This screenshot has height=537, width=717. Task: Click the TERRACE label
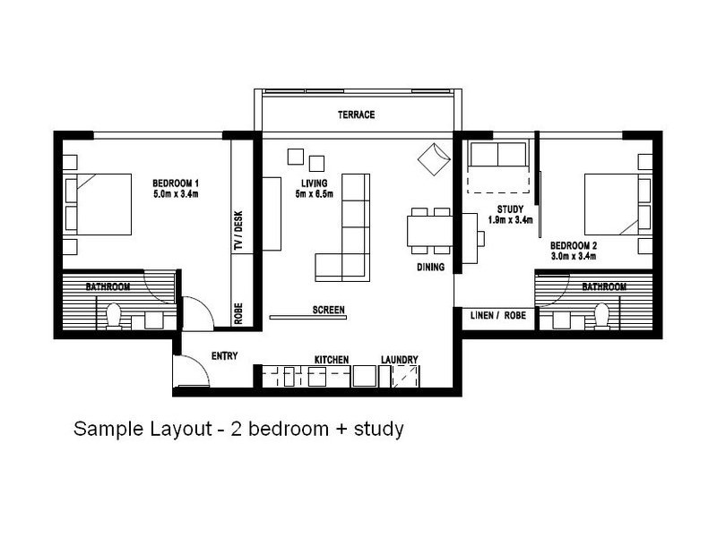pos(356,115)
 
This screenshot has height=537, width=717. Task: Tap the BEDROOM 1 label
pos(176,183)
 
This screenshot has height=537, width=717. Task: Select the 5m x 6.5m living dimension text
pos(315,194)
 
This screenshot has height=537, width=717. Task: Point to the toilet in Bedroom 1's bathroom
pos(113,317)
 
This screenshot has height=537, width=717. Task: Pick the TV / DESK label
pos(238,231)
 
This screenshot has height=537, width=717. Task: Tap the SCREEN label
pos(328,310)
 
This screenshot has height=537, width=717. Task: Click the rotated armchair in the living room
pos(434,159)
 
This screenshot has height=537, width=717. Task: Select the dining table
pos(430,231)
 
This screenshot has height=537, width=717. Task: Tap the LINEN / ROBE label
pos(498,316)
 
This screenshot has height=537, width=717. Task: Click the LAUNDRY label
pos(399,360)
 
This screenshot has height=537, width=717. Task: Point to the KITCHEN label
pos(332,360)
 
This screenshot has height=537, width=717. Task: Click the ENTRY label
pos(225,355)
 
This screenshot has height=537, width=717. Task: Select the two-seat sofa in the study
pos(498,154)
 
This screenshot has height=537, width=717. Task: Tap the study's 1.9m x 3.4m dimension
pos(510,219)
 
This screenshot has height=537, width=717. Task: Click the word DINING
pos(430,267)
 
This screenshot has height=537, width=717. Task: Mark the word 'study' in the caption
pos(378,430)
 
